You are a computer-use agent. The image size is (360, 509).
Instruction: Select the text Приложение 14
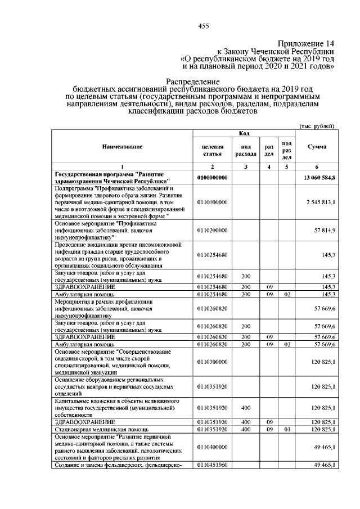[307, 43]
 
